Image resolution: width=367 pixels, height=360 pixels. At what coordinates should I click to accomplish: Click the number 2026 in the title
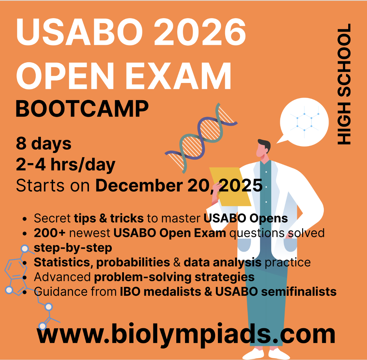pos(199,32)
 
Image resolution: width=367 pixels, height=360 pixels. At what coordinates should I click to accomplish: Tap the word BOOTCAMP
pos(82,109)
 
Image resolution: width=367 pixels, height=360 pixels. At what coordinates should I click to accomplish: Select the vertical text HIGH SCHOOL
pos(344,84)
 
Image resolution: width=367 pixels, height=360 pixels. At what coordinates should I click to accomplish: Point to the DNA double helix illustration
pos(201,138)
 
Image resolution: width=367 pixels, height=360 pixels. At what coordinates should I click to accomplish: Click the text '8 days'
pos(44,143)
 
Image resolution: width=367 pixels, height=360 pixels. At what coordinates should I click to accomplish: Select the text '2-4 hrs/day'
pos(65,164)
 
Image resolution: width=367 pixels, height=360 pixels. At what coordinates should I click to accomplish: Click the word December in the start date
pos(139,186)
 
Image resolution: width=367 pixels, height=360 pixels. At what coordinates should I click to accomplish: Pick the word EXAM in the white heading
pos(178,76)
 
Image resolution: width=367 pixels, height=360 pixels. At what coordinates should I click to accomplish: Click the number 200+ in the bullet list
pos(49,233)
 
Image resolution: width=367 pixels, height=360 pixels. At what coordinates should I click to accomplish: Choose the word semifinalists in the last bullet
pos(299,292)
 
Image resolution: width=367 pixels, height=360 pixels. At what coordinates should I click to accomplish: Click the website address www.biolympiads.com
pos(186,334)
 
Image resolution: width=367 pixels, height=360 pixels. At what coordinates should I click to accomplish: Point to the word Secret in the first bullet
pos(52,218)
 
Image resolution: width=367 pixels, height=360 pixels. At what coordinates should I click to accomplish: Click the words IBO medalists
pos(161,292)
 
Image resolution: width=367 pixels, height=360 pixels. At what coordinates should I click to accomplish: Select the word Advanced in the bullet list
pos(62,277)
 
